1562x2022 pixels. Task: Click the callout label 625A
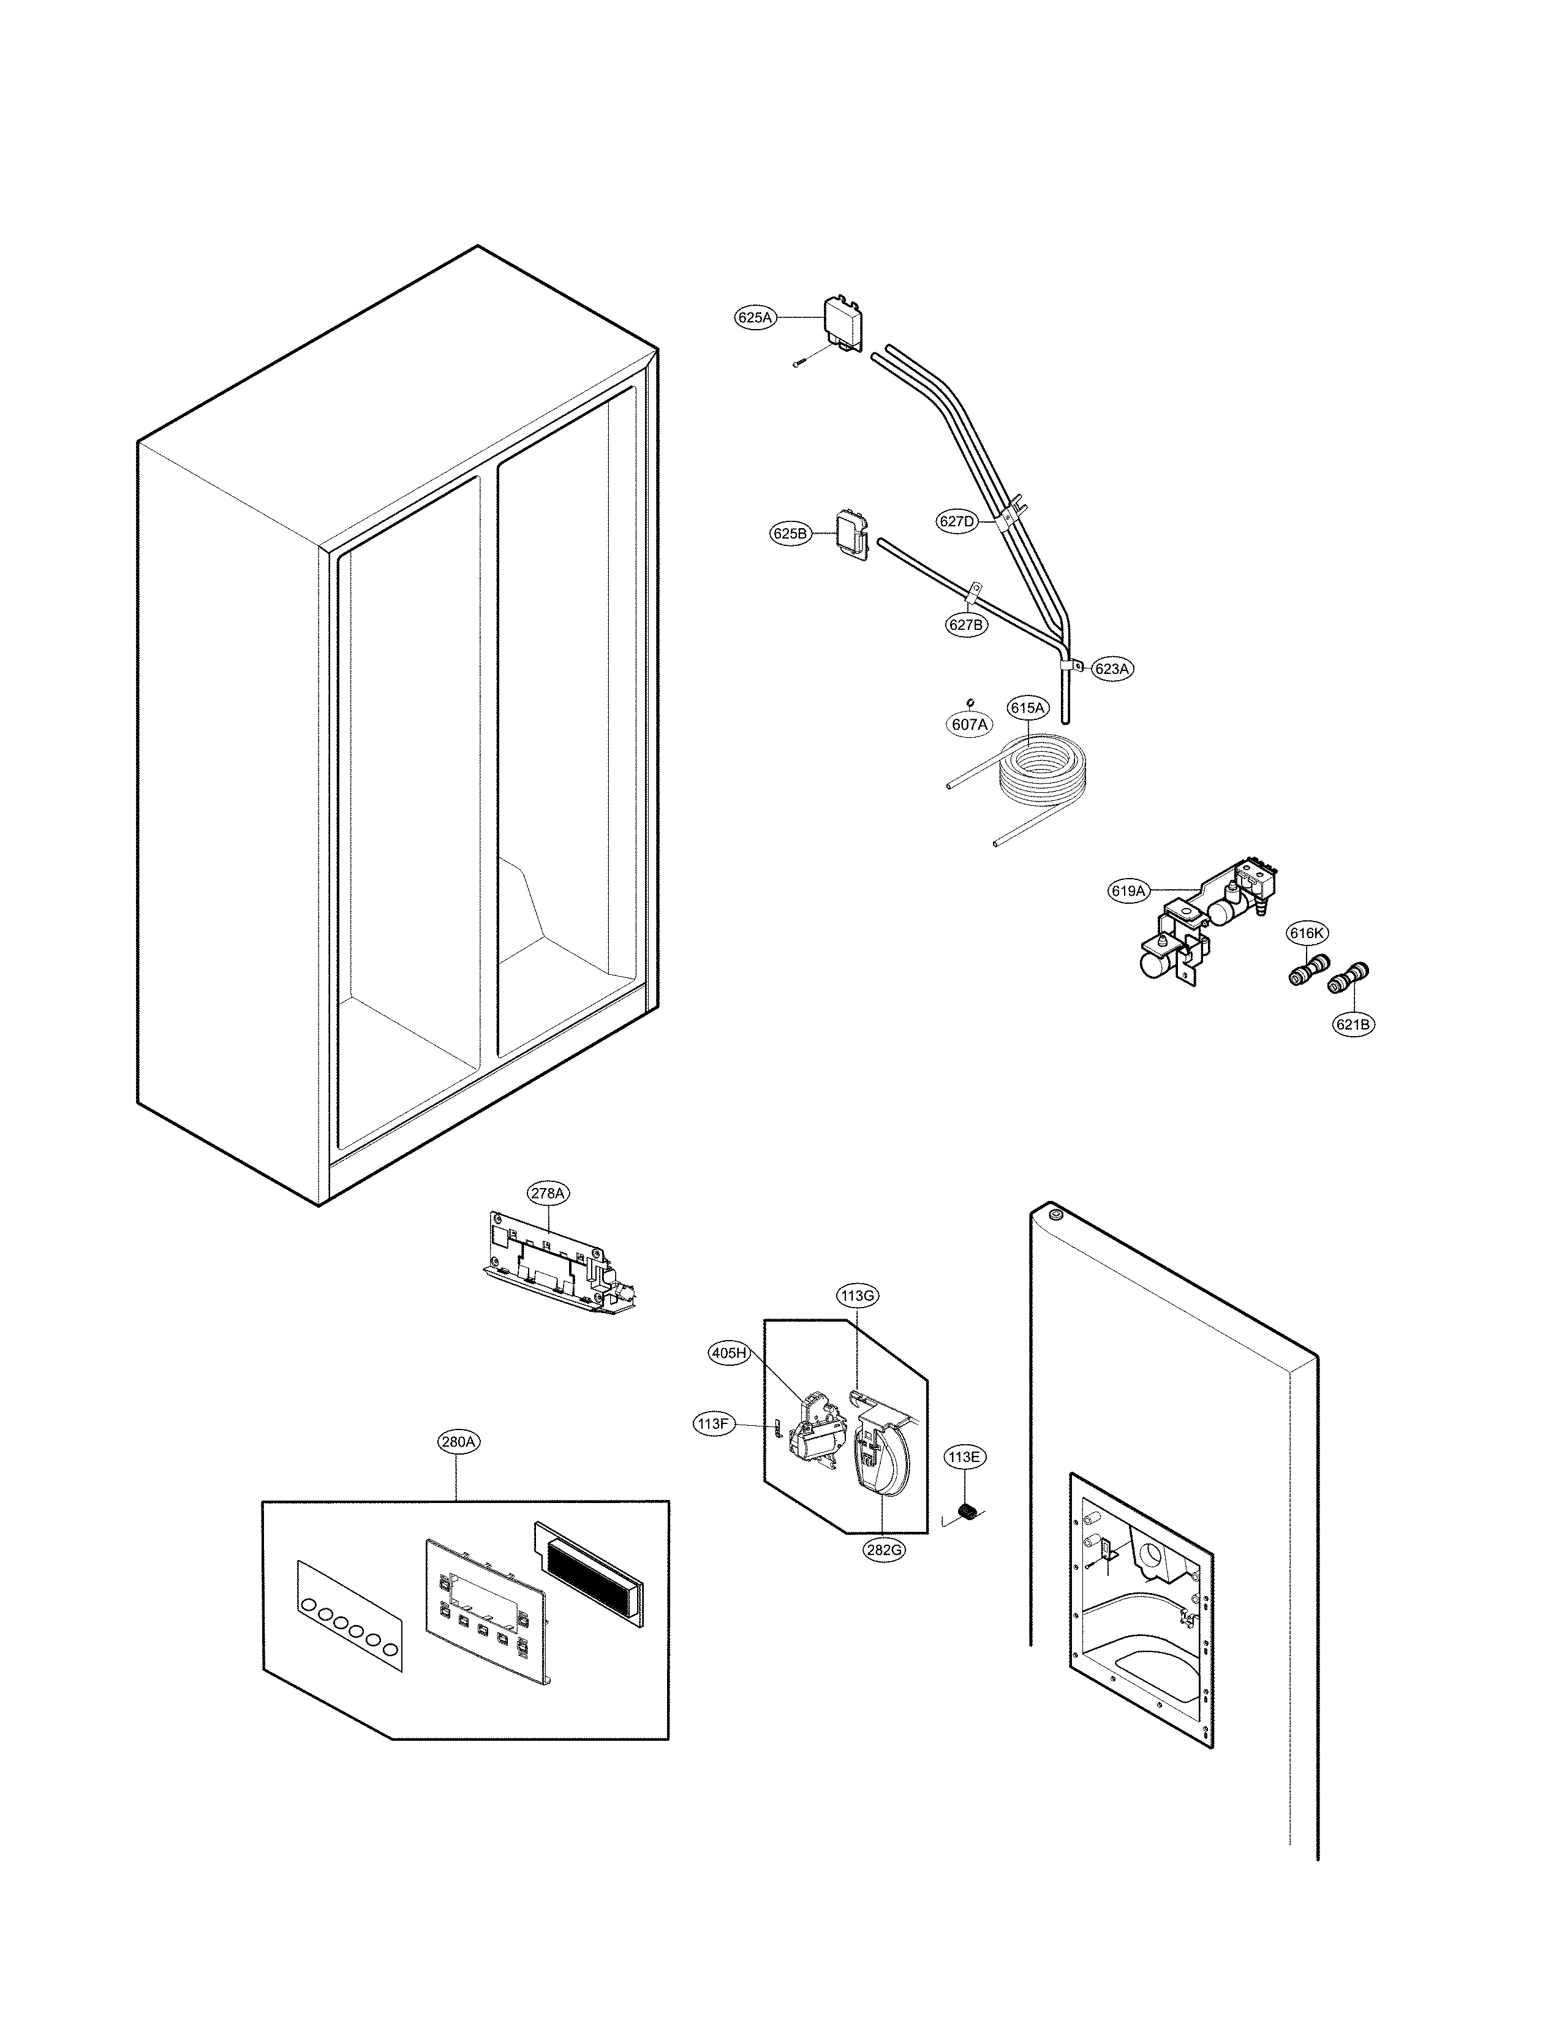click(x=754, y=317)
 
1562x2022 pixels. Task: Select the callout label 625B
click(x=790, y=534)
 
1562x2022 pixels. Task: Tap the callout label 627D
click(x=957, y=521)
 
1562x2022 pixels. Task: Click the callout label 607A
click(x=970, y=725)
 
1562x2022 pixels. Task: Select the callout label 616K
click(x=1307, y=933)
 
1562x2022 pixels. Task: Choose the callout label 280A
click(x=458, y=1442)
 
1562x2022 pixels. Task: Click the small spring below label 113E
click(x=968, y=1513)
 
